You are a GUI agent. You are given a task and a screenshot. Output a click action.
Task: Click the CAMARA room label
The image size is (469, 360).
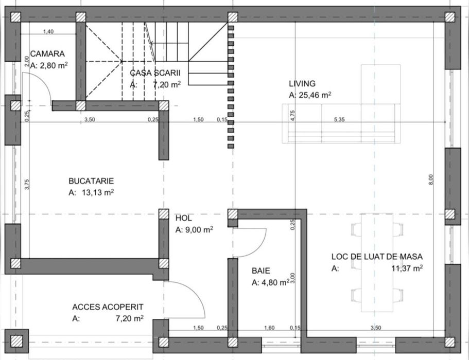pyautogui.click(x=47, y=53)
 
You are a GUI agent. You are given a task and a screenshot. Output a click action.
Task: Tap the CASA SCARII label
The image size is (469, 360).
pyautogui.click(x=155, y=73)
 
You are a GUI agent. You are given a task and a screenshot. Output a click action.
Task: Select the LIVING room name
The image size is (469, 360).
pyautogui.click(x=302, y=83)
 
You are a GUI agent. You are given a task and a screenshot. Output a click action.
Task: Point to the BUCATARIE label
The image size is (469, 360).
pyautogui.click(x=91, y=181)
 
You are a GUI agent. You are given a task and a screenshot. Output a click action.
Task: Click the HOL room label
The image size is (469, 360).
pyautogui.click(x=183, y=218)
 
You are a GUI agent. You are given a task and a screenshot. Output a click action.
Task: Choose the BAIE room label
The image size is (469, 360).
pyautogui.click(x=261, y=270)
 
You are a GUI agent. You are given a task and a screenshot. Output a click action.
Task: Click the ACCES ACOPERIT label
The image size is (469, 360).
pyautogui.click(x=108, y=307)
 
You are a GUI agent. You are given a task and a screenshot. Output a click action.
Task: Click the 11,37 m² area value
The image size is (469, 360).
pyautogui.click(x=407, y=268)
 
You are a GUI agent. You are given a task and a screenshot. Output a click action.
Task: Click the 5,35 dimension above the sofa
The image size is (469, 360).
pyautogui.click(x=339, y=119)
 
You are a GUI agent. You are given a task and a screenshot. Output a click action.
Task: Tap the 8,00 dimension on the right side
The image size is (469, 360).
pyautogui.click(x=431, y=179)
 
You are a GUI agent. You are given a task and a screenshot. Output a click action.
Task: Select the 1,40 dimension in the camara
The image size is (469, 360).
pyautogui.click(x=48, y=32)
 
